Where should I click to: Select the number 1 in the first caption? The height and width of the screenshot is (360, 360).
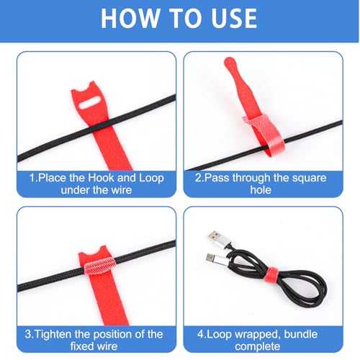pyautogui.click(x=32, y=178)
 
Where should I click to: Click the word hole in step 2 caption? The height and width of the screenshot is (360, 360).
pyautogui.click(x=261, y=190)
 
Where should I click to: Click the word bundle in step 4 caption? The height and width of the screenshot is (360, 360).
pyautogui.click(x=301, y=334)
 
